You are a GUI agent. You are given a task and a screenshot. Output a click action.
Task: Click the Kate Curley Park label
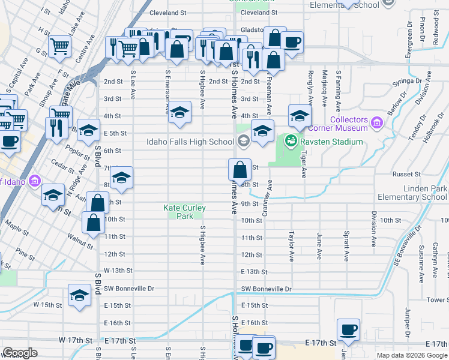(x=184, y=212)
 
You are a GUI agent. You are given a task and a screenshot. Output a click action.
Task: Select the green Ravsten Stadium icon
(x=291, y=141)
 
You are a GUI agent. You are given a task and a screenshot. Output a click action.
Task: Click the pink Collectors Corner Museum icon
(x=377, y=123)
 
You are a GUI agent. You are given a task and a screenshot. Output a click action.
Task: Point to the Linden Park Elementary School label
(x=412, y=193)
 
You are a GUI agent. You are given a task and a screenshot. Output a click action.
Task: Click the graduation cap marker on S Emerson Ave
(x=179, y=113)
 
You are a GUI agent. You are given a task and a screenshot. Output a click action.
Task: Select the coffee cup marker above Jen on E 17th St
(x=348, y=329)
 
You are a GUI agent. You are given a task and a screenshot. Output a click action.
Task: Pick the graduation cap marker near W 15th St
(x=79, y=296)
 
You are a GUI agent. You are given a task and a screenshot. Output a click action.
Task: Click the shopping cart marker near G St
(x=59, y=46)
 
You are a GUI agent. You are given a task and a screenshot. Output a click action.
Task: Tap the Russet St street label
(x=406, y=174)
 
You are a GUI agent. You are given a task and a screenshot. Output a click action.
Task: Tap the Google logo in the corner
(x=20, y=353)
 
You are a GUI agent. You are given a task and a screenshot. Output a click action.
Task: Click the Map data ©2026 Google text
(x=411, y=355)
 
